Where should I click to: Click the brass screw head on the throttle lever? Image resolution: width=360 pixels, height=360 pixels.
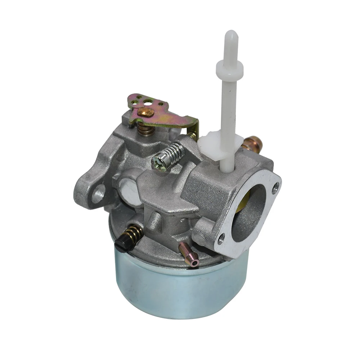point(145,112)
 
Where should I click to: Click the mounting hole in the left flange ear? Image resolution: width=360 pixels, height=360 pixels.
point(98,193)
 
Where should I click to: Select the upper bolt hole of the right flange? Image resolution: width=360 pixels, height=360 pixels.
point(275,187)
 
